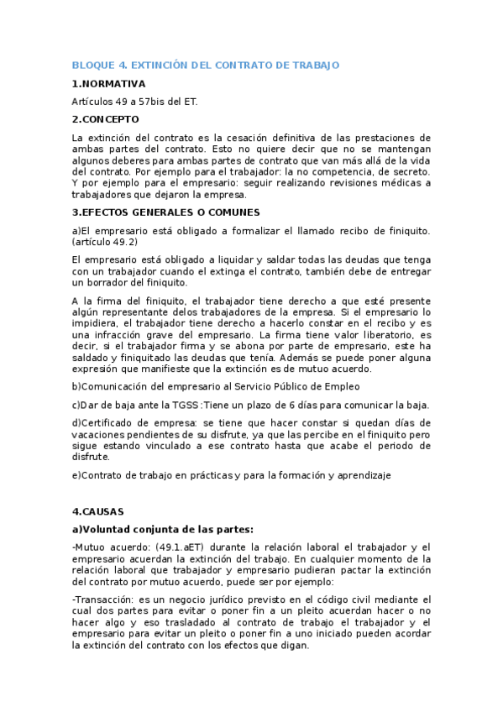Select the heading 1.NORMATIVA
[108, 84]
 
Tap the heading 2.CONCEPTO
[106, 119]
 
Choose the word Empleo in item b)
[337, 386]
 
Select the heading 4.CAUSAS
[98, 511]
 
